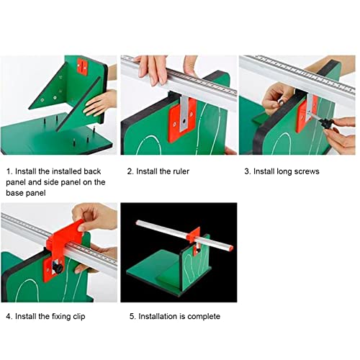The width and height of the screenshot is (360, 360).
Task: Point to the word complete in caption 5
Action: pyautogui.click(x=202, y=316)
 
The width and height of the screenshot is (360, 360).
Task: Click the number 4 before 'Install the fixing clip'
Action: pyautogui.click(x=8, y=316)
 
